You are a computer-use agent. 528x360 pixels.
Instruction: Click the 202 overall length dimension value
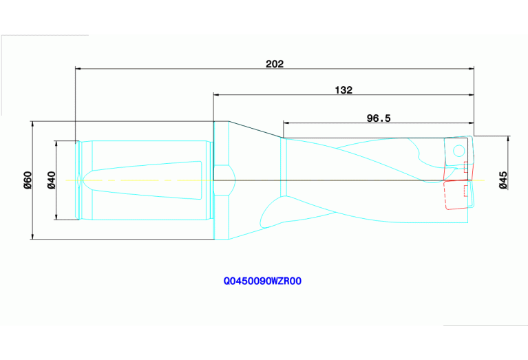pos(275,64)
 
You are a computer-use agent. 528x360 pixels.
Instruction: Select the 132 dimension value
pos(343,90)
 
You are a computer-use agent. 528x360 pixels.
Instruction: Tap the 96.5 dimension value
pos(378,118)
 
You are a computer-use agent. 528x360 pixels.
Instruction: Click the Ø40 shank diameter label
pos(51,180)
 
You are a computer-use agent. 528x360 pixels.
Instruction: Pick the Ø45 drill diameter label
pos(503,180)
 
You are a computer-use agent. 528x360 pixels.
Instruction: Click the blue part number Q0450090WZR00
pos(263,281)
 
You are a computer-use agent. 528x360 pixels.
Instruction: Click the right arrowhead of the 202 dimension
pos(472,69)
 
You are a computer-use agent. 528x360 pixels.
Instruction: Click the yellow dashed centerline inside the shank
pos(138,180)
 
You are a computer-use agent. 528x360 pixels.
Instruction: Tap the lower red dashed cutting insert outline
pos(458,196)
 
